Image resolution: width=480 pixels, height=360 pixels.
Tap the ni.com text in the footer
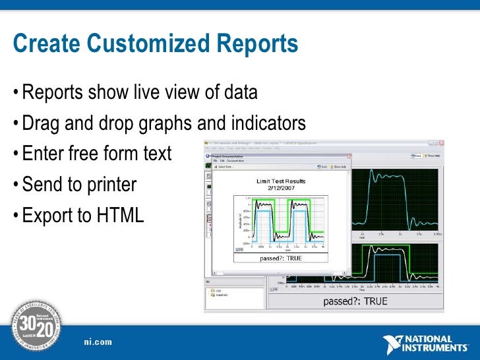(98, 342)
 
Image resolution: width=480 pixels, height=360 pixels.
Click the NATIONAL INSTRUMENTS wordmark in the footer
(436, 344)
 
